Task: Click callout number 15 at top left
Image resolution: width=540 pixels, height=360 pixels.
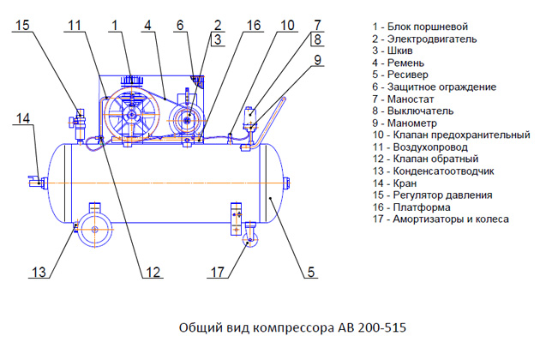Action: [22, 26]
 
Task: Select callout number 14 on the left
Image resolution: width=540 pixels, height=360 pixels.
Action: [23, 117]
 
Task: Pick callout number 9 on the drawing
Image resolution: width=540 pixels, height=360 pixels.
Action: [317, 60]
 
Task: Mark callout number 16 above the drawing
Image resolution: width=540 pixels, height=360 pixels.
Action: [255, 26]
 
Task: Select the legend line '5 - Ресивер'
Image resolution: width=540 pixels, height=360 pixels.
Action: [402, 75]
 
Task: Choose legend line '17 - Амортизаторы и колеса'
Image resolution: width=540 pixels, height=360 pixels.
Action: [441, 219]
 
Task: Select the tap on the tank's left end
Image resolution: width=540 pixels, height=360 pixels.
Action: [35, 180]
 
